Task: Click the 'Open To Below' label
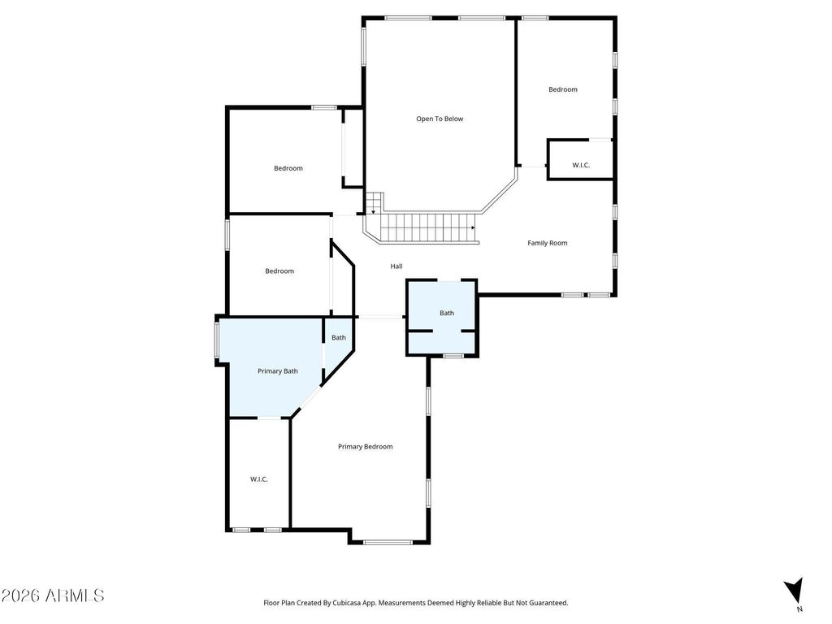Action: [x=440, y=119]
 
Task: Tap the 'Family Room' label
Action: [x=547, y=243]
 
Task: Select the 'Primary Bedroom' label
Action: [x=365, y=447]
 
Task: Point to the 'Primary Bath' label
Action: [x=278, y=371]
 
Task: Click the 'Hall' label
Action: [x=396, y=266]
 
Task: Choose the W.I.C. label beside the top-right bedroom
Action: [x=581, y=165]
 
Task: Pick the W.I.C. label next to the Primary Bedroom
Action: [x=259, y=479]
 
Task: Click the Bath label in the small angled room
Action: [x=339, y=337]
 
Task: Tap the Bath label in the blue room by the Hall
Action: [x=447, y=313]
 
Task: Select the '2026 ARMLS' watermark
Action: [x=53, y=596]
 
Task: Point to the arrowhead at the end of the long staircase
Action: [x=473, y=228]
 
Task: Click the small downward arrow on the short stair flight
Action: [x=373, y=212]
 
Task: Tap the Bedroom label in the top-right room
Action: [x=563, y=89]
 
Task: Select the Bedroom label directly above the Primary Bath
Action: [x=279, y=271]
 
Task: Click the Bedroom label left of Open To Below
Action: [x=288, y=168]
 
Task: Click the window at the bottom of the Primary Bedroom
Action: [x=388, y=542]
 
